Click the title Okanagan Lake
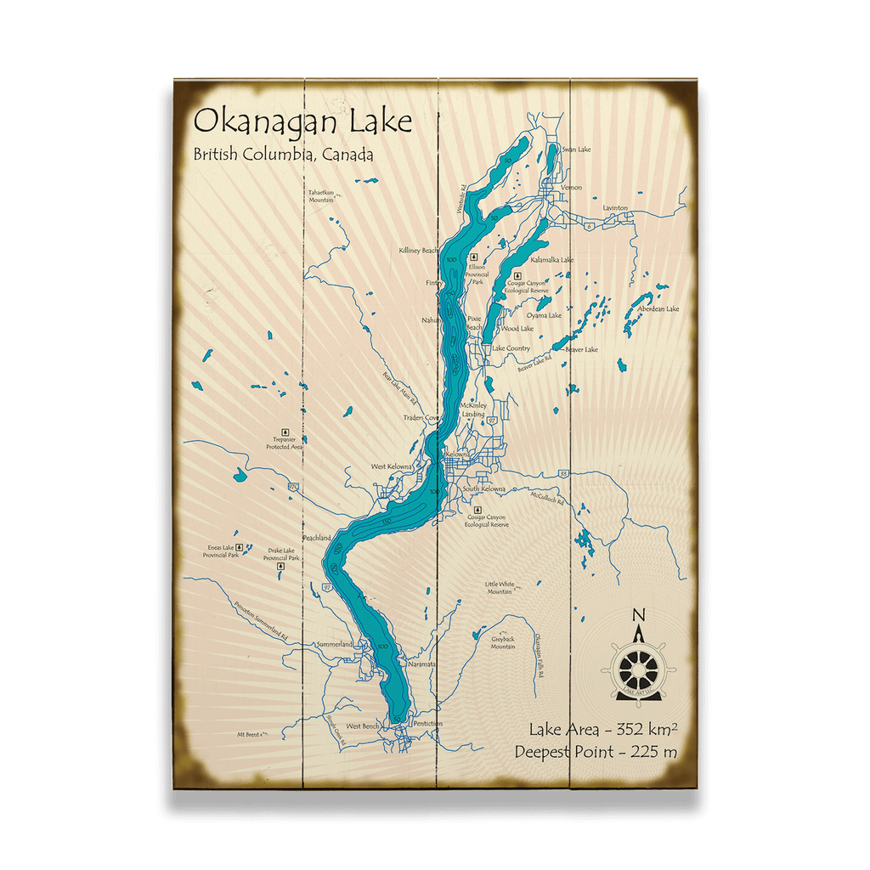pyautogui.click(x=302, y=121)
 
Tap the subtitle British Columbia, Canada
pyautogui.click(x=283, y=155)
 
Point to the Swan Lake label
pyautogui.click(x=576, y=150)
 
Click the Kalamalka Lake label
pyautogui.click(x=551, y=260)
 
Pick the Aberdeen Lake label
pyautogui.click(x=660, y=309)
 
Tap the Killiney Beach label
pyautogui.click(x=418, y=251)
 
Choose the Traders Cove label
pyautogui.click(x=421, y=418)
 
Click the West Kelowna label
pyautogui.click(x=392, y=467)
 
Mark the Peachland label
pyautogui.click(x=316, y=539)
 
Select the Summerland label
pyautogui.click(x=334, y=645)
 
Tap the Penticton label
pyautogui.click(x=427, y=724)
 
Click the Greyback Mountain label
pyautogui.click(x=503, y=642)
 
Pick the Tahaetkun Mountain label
pyautogui.click(x=321, y=195)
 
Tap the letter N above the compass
pyautogui.click(x=639, y=615)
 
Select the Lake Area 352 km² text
pyautogui.click(x=602, y=729)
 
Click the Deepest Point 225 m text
pyautogui.click(x=596, y=751)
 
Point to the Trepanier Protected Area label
pyautogui.click(x=284, y=443)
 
